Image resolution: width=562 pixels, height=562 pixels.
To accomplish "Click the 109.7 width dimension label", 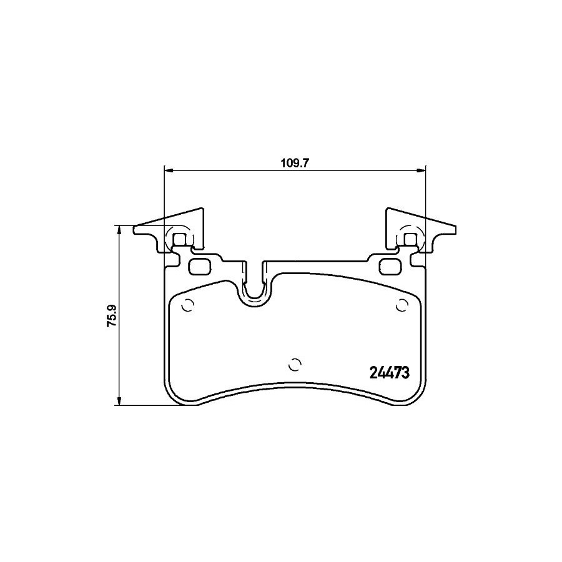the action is (x=294, y=164).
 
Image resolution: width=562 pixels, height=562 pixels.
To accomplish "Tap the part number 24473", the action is (x=389, y=373).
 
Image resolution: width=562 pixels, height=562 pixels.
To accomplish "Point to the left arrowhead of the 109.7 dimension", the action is (x=168, y=171).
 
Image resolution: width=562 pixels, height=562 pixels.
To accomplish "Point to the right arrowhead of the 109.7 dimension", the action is (x=421, y=171).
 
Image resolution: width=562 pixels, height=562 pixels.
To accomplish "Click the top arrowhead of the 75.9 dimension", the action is (x=120, y=230).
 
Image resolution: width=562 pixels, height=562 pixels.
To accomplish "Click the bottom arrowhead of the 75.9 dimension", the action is (x=120, y=402).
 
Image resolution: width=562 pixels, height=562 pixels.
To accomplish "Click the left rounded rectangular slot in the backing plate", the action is (x=200, y=267).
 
